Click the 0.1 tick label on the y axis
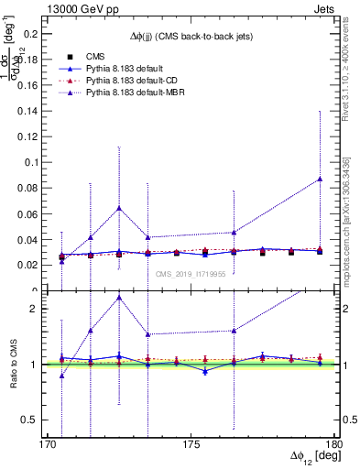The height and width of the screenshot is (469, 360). click(x=32, y=162)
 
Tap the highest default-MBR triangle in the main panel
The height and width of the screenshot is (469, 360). click(x=320, y=179)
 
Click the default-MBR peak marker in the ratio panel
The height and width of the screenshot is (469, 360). click(x=119, y=297)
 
